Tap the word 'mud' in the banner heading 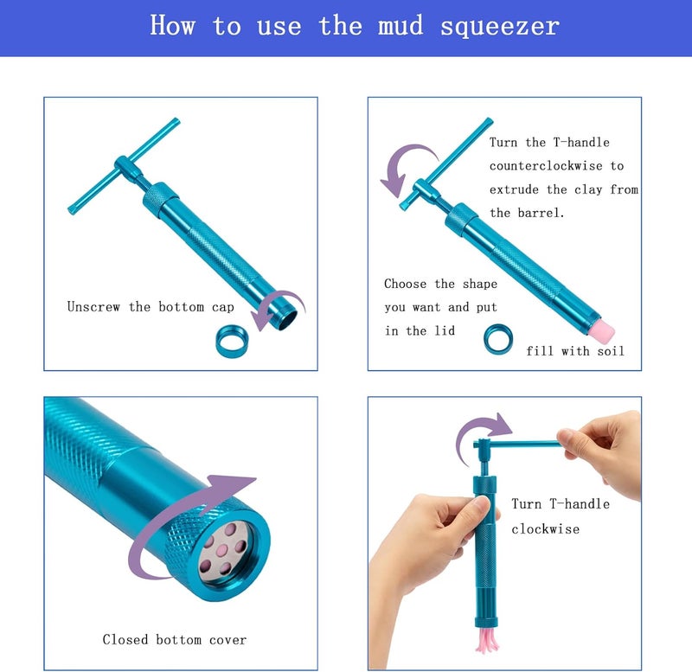[x=400, y=25]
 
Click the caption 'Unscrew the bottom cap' [x=151, y=307]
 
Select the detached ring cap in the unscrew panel [x=232, y=341]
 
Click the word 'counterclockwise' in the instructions [x=546, y=166]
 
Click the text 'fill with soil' [x=575, y=351]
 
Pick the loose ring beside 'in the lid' [x=498, y=339]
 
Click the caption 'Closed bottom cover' [x=175, y=640]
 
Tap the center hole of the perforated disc [x=222, y=550]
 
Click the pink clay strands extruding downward [x=487, y=639]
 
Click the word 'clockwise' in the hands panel [x=546, y=529]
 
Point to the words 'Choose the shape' [x=440, y=284]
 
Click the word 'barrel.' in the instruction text [x=541, y=213]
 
